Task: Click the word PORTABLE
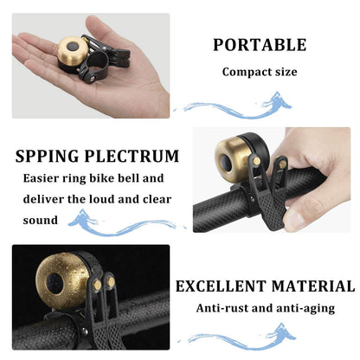tap(260, 45)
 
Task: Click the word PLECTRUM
tap(133, 157)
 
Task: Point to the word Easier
tap(44, 179)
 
